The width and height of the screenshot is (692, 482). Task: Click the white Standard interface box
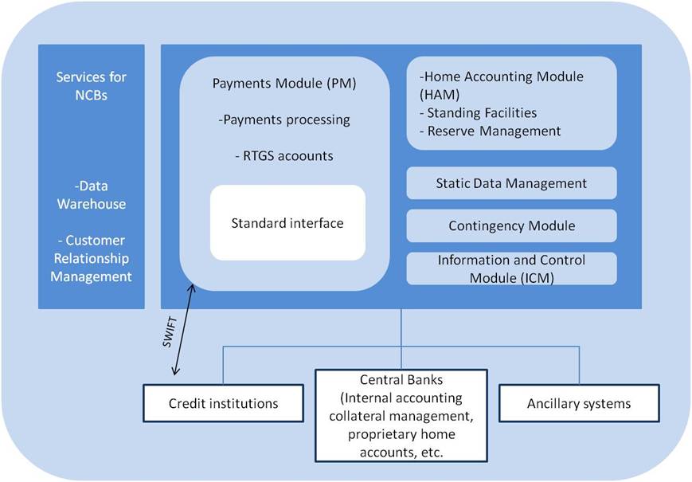click(287, 222)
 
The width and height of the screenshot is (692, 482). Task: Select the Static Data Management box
click(511, 183)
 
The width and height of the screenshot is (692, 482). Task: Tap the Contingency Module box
click(511, 225)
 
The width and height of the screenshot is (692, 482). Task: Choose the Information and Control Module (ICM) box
click(511, 268)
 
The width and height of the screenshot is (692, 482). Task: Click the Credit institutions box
click(223, 403)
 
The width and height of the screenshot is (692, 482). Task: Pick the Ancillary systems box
click(579, 403)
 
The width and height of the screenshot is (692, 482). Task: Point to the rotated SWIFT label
click(170, 332)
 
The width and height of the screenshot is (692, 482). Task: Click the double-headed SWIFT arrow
click(184, 330)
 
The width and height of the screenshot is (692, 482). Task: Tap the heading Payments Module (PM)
click(284, 84)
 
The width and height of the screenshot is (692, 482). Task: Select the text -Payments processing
click(284, 120)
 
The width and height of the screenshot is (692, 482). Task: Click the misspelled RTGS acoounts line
click(284, 156)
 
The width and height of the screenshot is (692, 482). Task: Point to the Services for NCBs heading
click(92, 86)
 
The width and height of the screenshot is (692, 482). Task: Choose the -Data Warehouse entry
click(92, 194)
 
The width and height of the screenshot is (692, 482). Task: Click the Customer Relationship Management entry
click(92, 258)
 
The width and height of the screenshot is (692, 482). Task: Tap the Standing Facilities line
click(478, 113)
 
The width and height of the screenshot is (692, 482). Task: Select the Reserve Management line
click(490, 131)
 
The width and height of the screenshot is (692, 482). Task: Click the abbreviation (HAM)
click(440, 95)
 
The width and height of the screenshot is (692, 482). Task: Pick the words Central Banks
click(401, 379)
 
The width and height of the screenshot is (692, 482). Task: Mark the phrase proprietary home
click(401, 434)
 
